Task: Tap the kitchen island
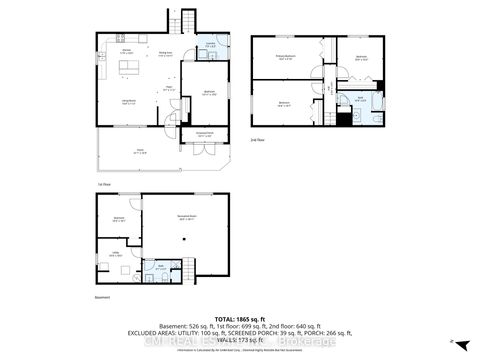point(128,67)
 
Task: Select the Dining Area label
point(164,55)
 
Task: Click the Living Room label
point(129,102)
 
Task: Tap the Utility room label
point(116,255)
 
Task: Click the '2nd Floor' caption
point(257,141)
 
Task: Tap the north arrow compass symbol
point(451,341)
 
